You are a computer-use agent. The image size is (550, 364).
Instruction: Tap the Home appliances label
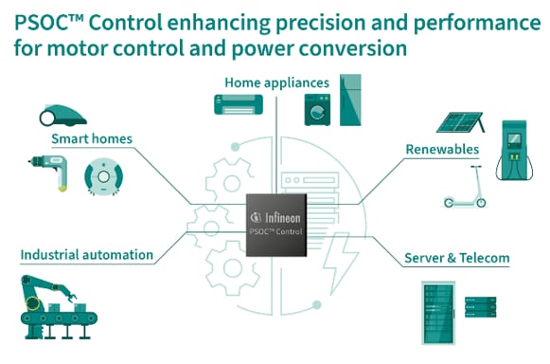pos(276,82)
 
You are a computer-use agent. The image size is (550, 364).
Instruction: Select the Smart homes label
pos(92,139)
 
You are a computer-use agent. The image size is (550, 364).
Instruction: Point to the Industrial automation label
pos(86,254)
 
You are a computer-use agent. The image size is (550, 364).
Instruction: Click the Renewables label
pos(441,149)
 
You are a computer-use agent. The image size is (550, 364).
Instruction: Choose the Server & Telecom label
pos(456,258)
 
